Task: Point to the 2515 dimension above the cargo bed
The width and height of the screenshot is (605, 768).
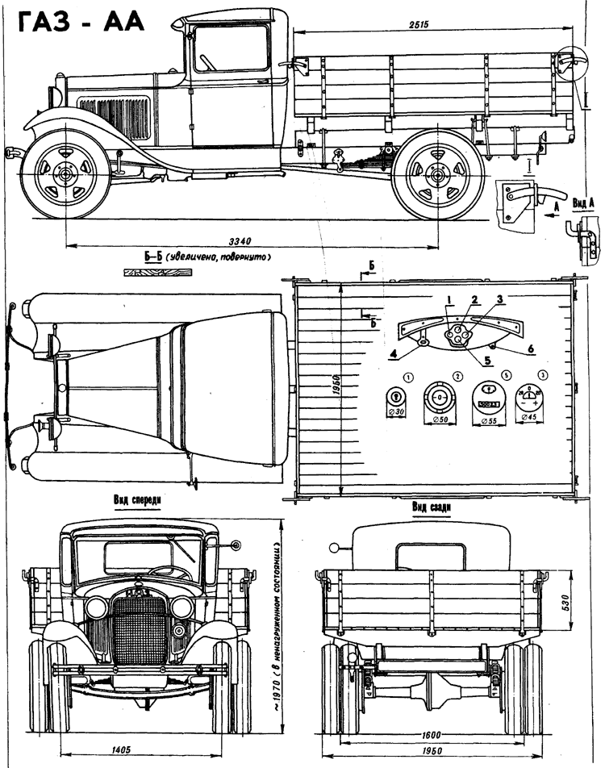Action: [417, 25]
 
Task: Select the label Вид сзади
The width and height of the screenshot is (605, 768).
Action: [432, 507]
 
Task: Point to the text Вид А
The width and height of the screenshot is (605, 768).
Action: [583, 204]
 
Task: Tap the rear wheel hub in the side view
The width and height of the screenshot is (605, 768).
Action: [438, 174]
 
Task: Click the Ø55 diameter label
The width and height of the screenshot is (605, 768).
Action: [488, 420]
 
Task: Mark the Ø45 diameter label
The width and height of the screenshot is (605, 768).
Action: [530, 418]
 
